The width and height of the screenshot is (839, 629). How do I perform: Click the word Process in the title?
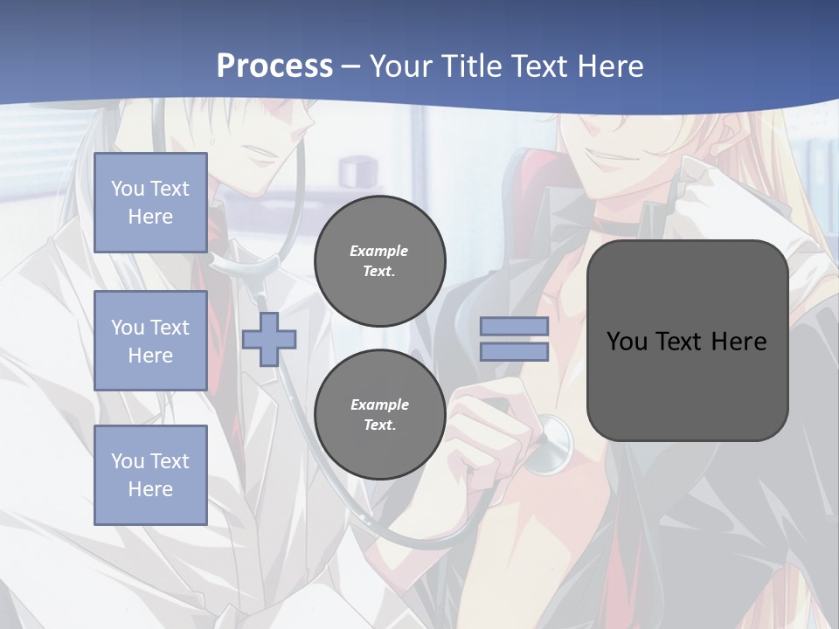[x=274, y=66]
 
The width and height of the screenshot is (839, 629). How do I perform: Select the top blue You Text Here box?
[x=150, y=203]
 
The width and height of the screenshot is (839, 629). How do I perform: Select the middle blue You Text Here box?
[x=150, y=341]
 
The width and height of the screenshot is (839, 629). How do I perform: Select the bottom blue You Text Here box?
[x=150, y=474]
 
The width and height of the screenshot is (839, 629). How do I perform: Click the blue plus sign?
[x=269, y=339]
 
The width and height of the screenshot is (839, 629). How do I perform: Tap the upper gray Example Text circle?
[x=379, y=260]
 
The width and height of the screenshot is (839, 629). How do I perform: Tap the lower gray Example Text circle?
[x=379, y=414]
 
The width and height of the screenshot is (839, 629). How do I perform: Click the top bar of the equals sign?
[x=514, y=326]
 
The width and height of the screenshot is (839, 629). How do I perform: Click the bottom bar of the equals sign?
[x=514, y=352]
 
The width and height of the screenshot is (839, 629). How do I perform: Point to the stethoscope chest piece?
[x=551, y=441]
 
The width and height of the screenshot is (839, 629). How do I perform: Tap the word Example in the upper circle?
[x=379, y=251]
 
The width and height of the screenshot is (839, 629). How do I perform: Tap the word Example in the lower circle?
[x=379, y=404]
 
